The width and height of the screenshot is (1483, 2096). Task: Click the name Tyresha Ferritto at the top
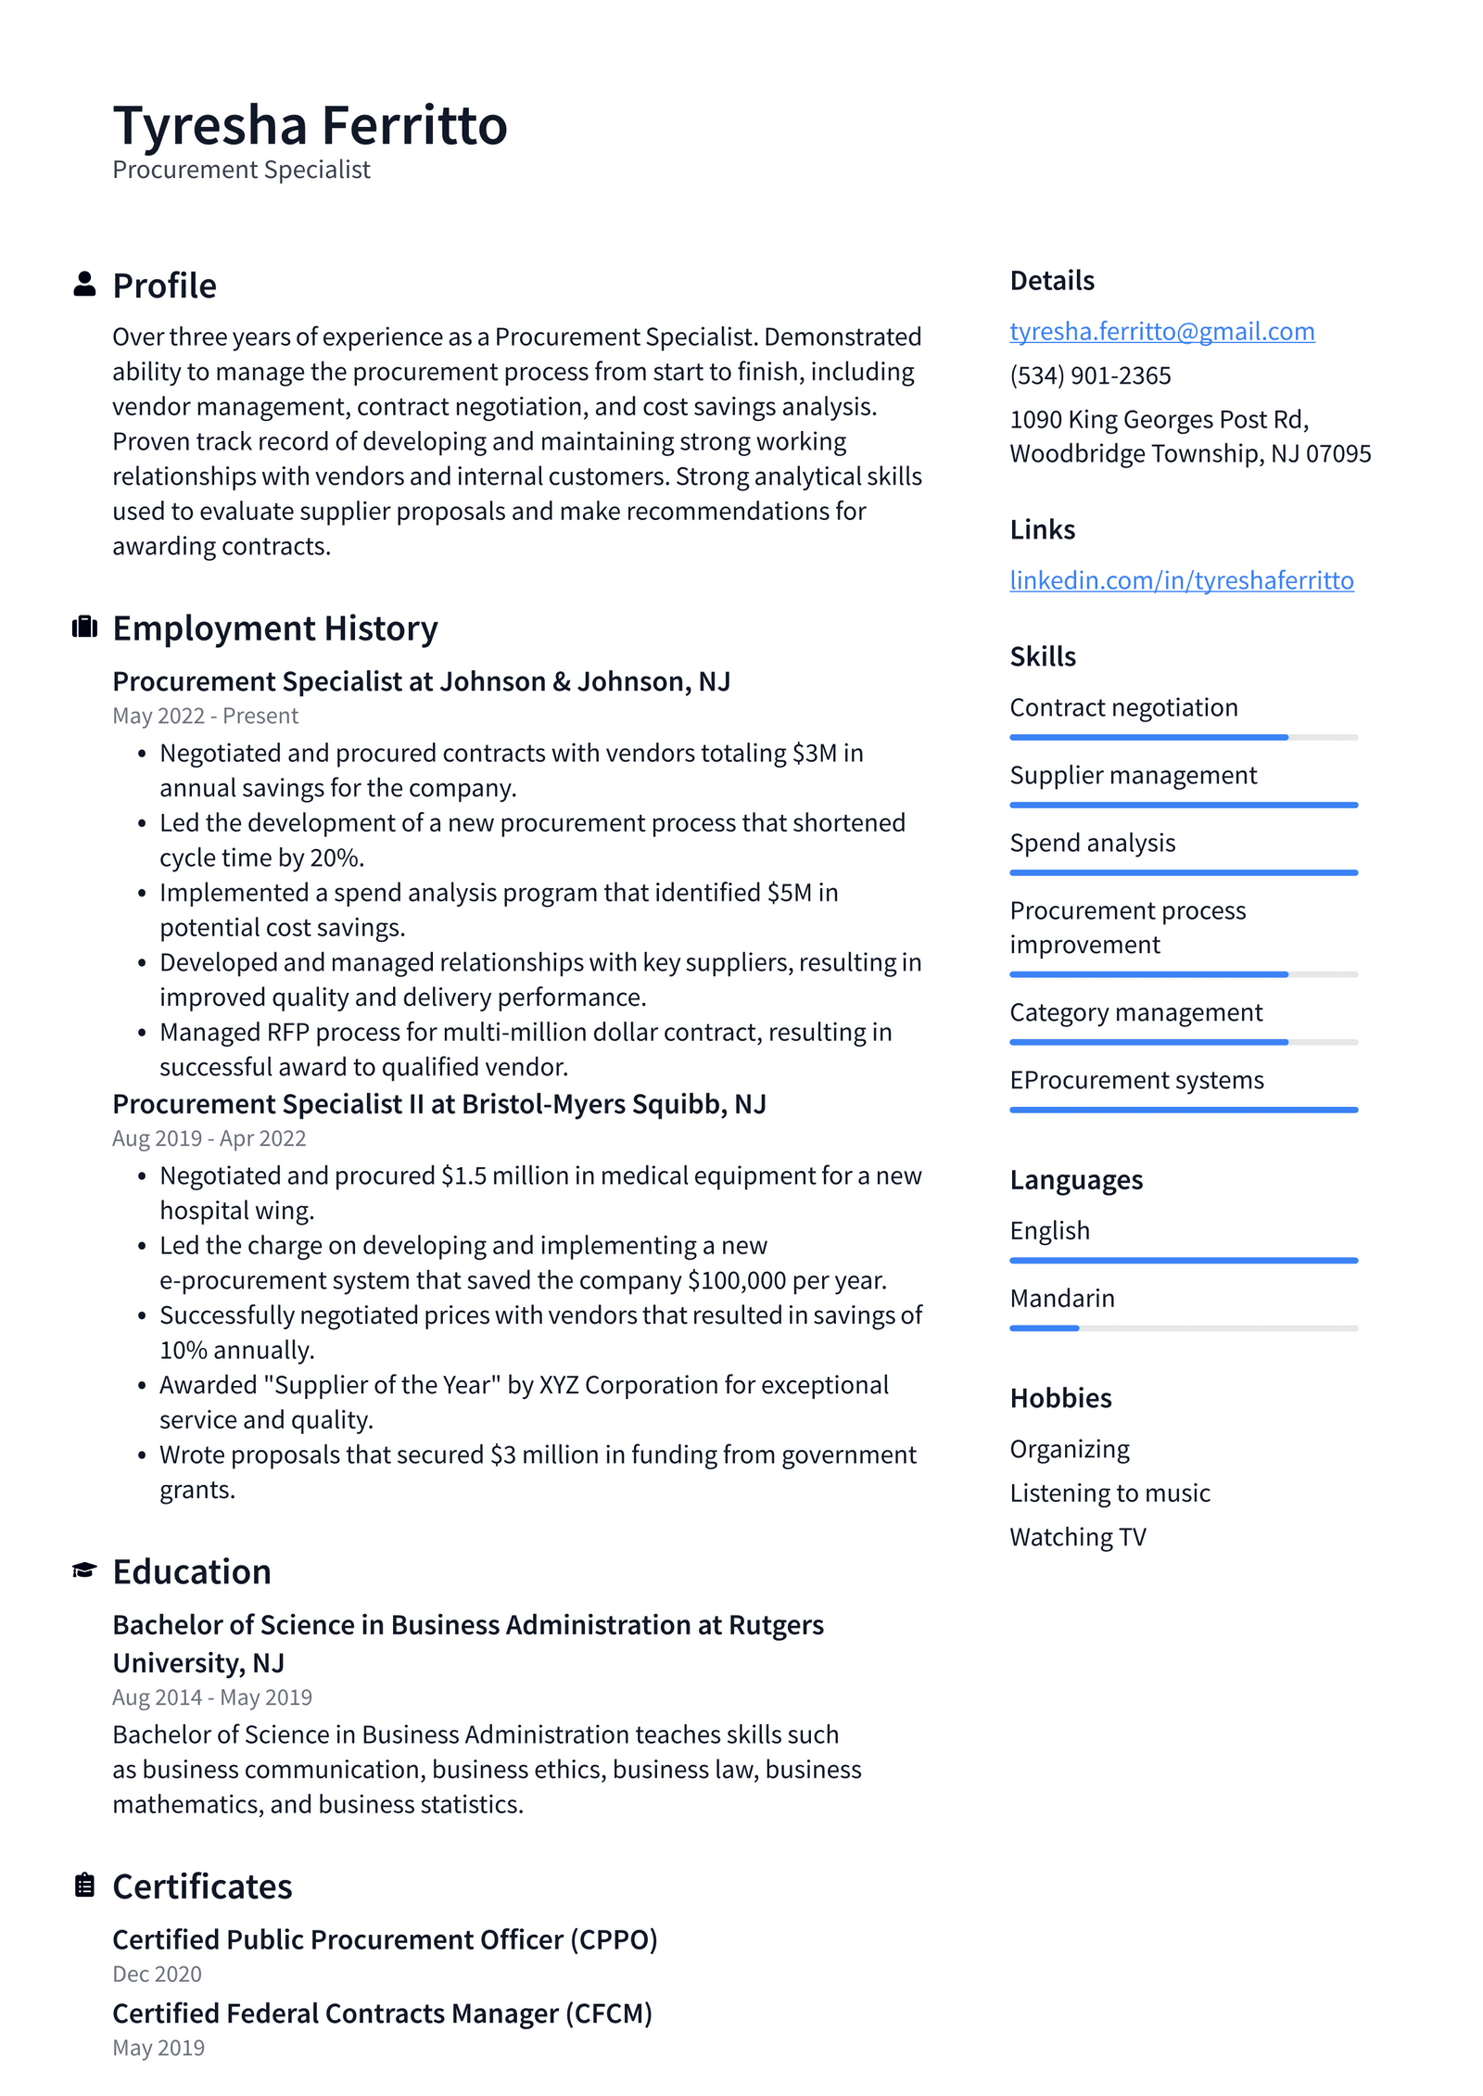coord(310,125)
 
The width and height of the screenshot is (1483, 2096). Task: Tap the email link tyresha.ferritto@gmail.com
coord(1161,331)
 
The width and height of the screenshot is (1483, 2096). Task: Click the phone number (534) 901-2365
coord(1090,375)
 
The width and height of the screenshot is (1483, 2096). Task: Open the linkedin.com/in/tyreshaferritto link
coord(1181,580)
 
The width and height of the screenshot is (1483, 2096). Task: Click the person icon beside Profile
coord(84,285)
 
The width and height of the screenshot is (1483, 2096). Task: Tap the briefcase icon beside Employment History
coord(84,628)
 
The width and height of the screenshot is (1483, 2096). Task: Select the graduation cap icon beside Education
coord(84,1570)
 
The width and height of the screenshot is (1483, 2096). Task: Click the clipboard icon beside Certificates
coord(84,1885)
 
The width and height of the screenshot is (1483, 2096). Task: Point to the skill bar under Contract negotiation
coord(1183,737)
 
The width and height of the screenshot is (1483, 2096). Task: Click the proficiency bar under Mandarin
coord(1183,1328)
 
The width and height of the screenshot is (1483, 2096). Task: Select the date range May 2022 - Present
coord(205,716)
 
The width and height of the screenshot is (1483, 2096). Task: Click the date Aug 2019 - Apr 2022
coord(209,1138)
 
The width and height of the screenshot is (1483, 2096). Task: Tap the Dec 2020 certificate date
coord(157,1974)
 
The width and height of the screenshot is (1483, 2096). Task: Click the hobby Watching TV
coord(1077,1537)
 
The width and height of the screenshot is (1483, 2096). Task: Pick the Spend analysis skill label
coord(1092,843)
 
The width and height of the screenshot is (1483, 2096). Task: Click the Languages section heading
coord(1075,1180)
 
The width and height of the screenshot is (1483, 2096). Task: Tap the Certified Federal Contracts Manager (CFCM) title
coord(382,2013)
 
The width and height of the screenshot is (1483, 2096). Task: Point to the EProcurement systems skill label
coord(1136,1080)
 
